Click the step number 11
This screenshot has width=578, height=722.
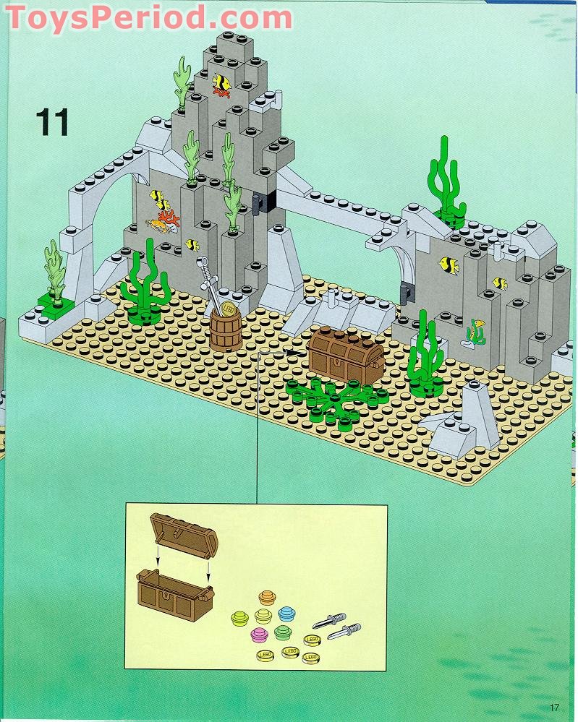(52, 122)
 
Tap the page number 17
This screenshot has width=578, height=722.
(553, 707)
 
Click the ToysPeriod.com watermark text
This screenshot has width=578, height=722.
(149, 18)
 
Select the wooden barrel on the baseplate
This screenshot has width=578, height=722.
(226, 330)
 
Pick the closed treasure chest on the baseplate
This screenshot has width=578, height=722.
(347, 353)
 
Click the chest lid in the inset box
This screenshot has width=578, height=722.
(184, 533)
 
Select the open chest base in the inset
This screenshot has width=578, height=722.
(175, 593)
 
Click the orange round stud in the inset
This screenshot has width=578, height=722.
(267, 597)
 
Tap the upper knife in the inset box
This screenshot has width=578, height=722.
(329, 620)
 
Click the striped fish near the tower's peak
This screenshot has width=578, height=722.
(221, 83)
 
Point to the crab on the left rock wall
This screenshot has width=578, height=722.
(157, 225)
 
